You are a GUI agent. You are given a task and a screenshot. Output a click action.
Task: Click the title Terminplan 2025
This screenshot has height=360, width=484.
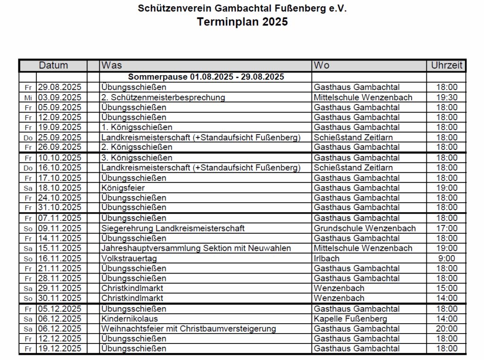[x=242, y=22]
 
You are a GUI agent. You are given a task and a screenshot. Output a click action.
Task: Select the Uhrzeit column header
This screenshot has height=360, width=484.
[x=446, y=65]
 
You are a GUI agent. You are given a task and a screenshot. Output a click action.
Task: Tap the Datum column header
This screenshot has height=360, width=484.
[x=53, y=65]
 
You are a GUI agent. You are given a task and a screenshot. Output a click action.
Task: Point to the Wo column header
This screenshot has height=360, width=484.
[x=321, y=65]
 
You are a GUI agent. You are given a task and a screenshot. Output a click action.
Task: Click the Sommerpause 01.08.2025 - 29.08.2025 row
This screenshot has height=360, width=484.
[x=206, y=77]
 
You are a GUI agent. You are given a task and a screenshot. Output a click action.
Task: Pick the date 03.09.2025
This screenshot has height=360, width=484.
[x=60, y=97]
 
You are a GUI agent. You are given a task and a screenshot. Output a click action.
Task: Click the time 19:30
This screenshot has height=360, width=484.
[x=446, y=97]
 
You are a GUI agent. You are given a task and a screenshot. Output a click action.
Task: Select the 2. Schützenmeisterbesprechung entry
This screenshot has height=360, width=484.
[x=163, y=97]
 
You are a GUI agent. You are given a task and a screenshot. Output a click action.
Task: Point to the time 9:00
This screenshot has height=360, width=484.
[x=447, y=258]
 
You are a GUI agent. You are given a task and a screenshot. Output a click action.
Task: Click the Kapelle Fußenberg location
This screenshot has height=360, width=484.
[x=350, y=319]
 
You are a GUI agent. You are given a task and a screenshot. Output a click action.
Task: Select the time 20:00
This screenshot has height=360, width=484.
[x=446, y=329]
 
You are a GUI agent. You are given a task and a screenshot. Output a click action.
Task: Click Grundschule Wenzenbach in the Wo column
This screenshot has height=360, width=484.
[x=364, y=228]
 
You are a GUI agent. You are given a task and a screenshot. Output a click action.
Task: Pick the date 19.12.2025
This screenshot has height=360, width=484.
[x=60, y=349]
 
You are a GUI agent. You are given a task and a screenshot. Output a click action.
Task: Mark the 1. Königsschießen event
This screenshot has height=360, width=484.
[x=137, y=127]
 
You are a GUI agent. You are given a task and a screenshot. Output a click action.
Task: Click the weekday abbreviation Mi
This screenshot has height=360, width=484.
[x=28, y=98]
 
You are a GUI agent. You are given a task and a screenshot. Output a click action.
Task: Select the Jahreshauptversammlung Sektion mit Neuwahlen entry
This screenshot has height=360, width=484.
[x=196, y=248]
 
